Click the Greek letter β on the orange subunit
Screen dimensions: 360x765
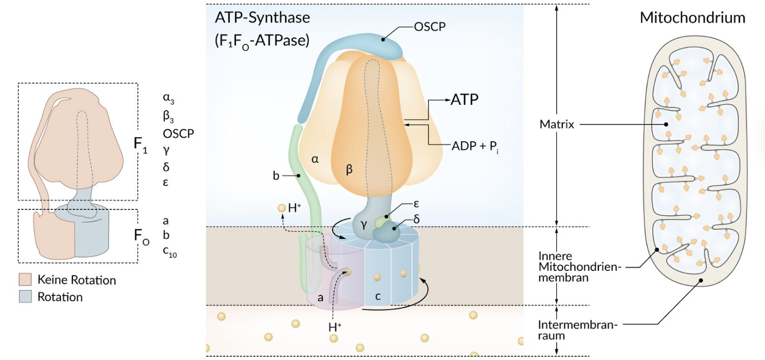coord(350,169)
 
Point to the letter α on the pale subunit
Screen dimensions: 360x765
coord(316,159)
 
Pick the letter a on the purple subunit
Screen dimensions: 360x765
coord(320,298)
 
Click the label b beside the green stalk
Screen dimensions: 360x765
coord(277,175)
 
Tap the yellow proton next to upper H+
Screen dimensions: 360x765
coord(281,208)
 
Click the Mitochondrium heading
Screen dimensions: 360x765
coord(692,18)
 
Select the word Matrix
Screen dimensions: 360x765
coord(557,124)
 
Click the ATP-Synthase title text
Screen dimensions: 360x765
coord(262,18)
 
